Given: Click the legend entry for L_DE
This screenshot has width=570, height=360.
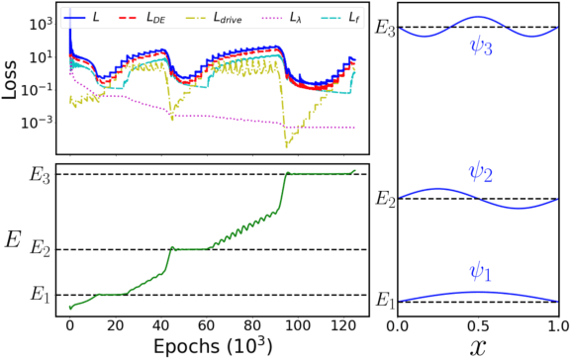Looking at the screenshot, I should tap(157, 17).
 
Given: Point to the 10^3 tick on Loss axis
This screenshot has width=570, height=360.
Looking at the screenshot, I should tap(44, 21).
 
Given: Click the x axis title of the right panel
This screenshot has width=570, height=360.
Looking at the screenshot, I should tap(478, 346).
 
